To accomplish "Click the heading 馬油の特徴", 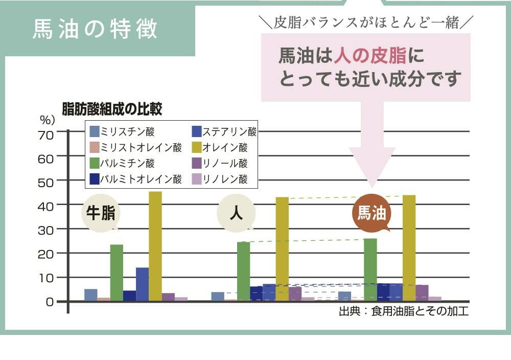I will tap(95, 29).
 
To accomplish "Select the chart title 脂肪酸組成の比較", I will tap(112, 108).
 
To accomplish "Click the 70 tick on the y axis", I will tap(45, 135).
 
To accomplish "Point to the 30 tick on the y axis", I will tap(45, 230).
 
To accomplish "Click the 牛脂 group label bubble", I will tap(100, 213).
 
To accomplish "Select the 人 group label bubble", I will tap(236, 213).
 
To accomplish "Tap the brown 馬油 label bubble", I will tap(371, 213).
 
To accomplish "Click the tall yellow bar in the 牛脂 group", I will tap(155, 246).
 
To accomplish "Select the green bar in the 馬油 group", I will tap(370, 269).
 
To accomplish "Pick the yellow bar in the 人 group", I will tap(282, 249).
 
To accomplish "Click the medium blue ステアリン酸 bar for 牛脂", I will tap(142, 284).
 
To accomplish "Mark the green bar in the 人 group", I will tap(244, 271).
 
